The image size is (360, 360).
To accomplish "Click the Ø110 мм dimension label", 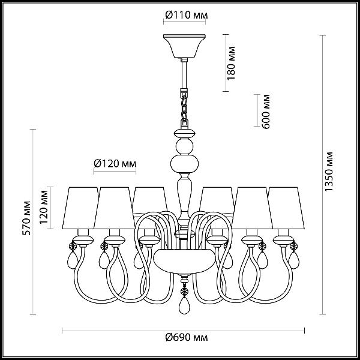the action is coord(187,16).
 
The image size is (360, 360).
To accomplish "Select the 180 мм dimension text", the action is coord(231,63).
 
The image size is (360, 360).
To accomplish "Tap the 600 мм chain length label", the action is coord(266,112).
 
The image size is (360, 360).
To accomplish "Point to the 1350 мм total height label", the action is coord(329,172).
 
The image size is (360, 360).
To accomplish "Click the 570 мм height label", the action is coord(26,218).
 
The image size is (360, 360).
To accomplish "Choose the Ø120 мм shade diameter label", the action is coord(115,164).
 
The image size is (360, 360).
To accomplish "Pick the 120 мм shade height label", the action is coord(44,207).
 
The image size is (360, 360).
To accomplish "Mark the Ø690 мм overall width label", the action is coord(187,337).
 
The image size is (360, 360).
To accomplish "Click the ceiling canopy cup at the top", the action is coord(184,46).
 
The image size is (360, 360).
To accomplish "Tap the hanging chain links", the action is coord(184,109).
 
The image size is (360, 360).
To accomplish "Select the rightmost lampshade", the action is coord(286,208).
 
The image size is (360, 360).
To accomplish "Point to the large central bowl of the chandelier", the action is coord(184,262).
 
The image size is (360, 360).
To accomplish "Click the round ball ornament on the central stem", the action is coord(184,146).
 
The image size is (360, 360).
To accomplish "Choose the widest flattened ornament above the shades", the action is coord(184,164).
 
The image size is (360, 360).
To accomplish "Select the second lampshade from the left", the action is coord(114,208).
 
